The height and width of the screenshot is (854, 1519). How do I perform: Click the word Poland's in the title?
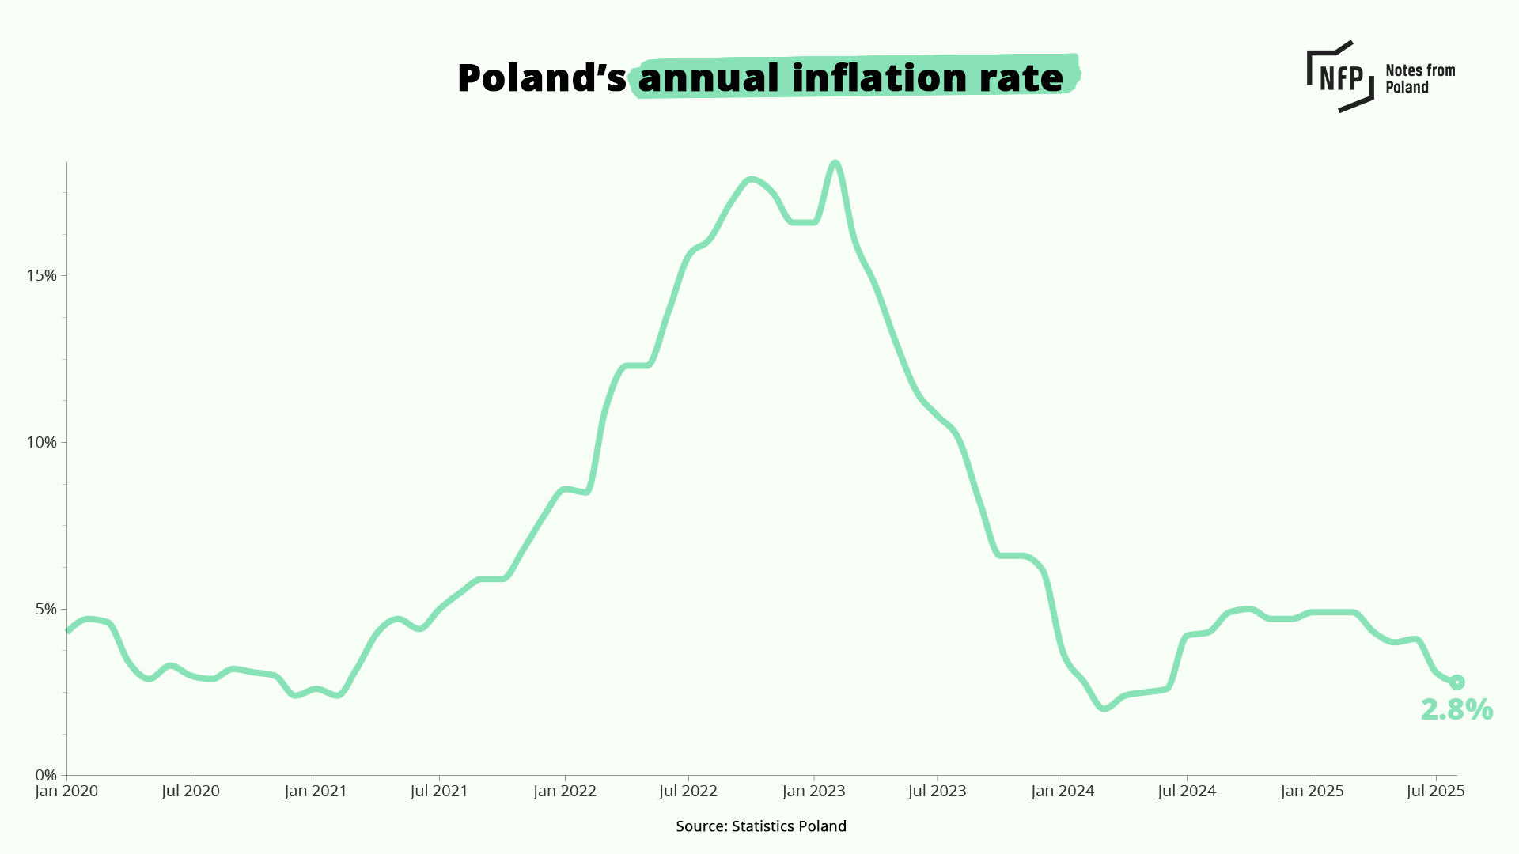tap(541, 78)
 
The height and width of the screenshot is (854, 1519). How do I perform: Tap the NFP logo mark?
tap(1340, 77)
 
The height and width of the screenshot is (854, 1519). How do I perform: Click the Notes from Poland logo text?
tap(1419, 78)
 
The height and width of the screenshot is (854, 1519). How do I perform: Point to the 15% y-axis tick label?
tap(41, 276)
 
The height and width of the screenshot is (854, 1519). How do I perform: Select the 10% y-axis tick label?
tap(41, 443)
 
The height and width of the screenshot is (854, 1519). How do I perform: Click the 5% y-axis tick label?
tap(45, 610)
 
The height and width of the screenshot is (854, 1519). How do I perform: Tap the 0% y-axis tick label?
tap(45, 776)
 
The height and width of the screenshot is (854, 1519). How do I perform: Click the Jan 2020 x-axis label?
tap(66, 792)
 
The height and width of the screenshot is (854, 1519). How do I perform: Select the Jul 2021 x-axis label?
tap(439, 792)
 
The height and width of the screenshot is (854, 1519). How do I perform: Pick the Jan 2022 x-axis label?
tap(565, 792)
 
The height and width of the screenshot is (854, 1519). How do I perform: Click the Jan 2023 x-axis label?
tap(814, 792)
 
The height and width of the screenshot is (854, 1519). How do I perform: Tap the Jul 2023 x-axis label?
tap(938, 792)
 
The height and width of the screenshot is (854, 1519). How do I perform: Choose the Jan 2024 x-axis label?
tap(1063, 792)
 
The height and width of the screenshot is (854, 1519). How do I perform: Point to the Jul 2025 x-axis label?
tap(1435, 792)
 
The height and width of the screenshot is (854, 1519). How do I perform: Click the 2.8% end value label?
tap(1456, 710)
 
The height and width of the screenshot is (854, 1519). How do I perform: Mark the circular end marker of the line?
tap(1456, 682)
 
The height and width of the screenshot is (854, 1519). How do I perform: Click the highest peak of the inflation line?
tap(835, 163)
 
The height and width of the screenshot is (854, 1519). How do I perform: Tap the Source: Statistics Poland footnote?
tap(761, 826)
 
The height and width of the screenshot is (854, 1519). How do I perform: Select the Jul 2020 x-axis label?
tap(191, 792)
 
